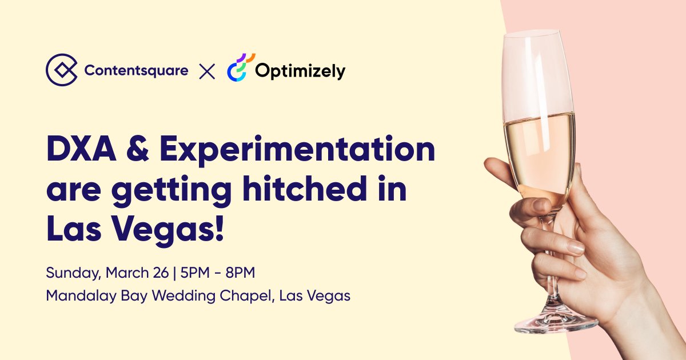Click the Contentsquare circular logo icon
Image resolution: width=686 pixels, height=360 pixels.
(x=62, y=70)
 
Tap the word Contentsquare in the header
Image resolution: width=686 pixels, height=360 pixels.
(x=136, y=71)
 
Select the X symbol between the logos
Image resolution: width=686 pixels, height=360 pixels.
(x=207, y=71)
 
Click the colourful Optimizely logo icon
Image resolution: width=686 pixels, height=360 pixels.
(x=240, y=69)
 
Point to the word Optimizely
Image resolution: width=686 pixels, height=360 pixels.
(x=300, y=71)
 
